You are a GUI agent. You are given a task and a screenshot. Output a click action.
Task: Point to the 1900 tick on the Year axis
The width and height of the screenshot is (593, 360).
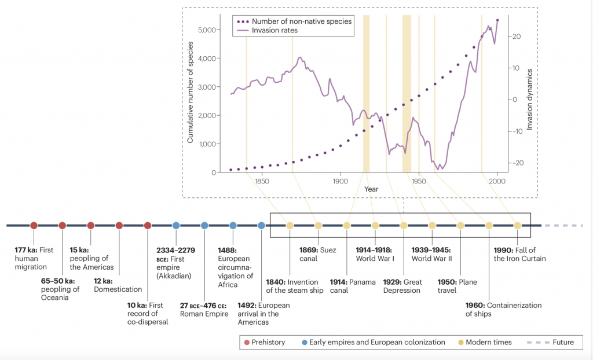[341, 181]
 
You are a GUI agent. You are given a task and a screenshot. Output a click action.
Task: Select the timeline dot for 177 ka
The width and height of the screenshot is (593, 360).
[34, 225]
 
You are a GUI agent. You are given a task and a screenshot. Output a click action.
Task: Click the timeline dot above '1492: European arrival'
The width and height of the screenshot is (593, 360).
[262, 225]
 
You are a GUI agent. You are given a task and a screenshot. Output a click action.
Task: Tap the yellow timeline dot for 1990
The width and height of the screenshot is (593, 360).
[518, 225]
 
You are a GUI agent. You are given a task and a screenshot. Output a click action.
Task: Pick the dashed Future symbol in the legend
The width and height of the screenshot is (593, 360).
[536, 342]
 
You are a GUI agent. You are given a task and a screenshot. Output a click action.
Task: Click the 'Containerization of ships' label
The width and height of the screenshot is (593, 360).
[503, 310]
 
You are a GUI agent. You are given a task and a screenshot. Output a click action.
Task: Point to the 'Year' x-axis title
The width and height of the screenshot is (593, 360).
[372, 189]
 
